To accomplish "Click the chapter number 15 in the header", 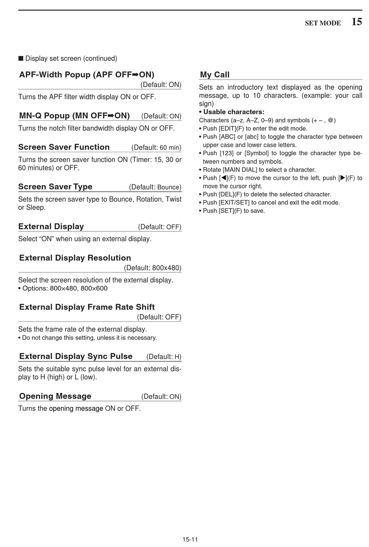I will pos(357,22).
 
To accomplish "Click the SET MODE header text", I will pos(323,23).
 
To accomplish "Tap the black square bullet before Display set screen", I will pos(21,59).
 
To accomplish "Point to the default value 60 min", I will pos(170,148).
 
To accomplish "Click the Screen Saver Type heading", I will pos(55,187).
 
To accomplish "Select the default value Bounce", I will pos(169,187).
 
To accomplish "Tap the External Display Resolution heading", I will pos(75,258).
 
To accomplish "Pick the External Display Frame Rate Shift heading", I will pos(87,307).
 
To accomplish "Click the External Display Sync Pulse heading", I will pos(76,356).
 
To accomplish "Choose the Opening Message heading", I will pos(55,396).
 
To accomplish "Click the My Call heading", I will pos(215,75).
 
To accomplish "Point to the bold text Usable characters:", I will pos(234,112).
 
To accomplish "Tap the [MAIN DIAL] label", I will pos(240,170).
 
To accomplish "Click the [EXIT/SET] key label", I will pos(235,202).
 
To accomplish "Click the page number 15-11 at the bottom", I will pos(190,539).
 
